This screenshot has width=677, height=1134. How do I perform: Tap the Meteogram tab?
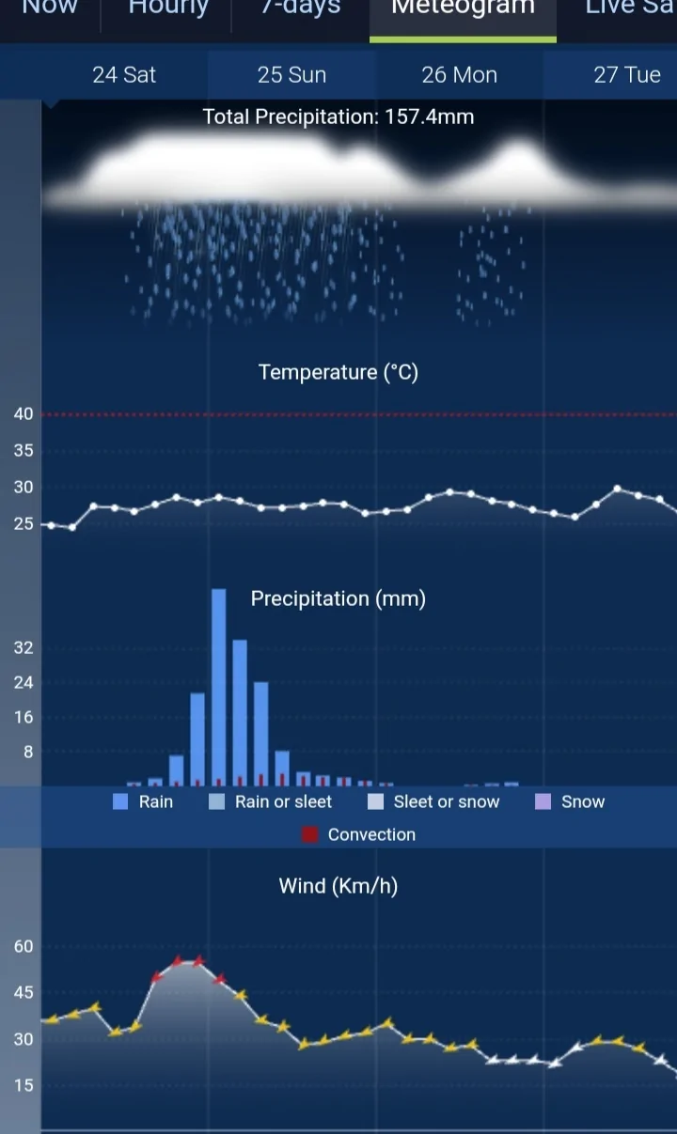click(x=463, y=9)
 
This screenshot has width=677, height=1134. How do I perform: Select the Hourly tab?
click(x=168, y=9)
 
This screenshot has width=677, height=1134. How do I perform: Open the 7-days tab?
click(x=301, y=9)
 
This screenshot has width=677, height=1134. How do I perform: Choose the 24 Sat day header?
click(x=124, y=75)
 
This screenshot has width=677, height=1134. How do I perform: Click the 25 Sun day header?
click(x=291, y=75)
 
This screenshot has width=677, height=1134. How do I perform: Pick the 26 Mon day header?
click(x=459, y=75)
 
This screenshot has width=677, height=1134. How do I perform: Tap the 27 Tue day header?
click(x=627, y=75)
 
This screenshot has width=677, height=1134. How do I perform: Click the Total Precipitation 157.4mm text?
click(x=338, y=117)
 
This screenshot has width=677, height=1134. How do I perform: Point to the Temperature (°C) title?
click(x=338, y=372)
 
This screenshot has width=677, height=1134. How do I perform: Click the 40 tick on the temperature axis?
click(x=24, y=414)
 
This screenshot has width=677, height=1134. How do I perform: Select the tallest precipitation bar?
click(x=218, y=686)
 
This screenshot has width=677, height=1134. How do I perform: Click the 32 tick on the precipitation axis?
click(x=24, y=647)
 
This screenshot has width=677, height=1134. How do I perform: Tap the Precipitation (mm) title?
click(x=338, y=598)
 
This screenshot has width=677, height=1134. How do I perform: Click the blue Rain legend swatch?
click(x=120, y=801)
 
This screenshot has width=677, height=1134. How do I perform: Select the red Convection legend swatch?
click(x=310, y=834)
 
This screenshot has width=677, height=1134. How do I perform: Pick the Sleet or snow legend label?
click(x=447, y=801)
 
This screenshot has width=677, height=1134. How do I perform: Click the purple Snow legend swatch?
click(x=543, y=801)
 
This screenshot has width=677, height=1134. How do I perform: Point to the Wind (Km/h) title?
click(x=338, y=886)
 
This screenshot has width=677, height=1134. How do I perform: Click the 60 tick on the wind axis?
click(x=24, y=946)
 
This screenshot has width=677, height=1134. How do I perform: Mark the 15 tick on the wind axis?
click(x=24, y=1085)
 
